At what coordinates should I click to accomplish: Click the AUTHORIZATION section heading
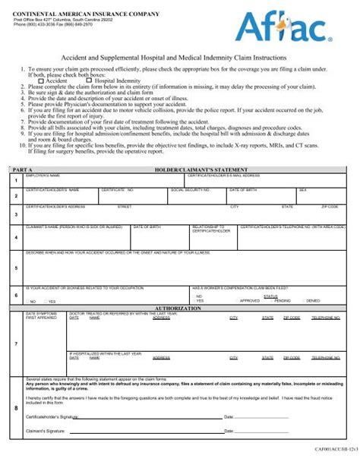pos(180,308)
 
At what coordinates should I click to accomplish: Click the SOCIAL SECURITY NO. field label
pos(188,210)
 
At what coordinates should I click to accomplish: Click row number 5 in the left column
pos(15,267)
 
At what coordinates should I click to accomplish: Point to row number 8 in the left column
pos(15,409)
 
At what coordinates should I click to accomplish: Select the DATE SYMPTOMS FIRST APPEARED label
pos(42,315)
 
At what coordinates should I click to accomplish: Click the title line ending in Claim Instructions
pos(180,56)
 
